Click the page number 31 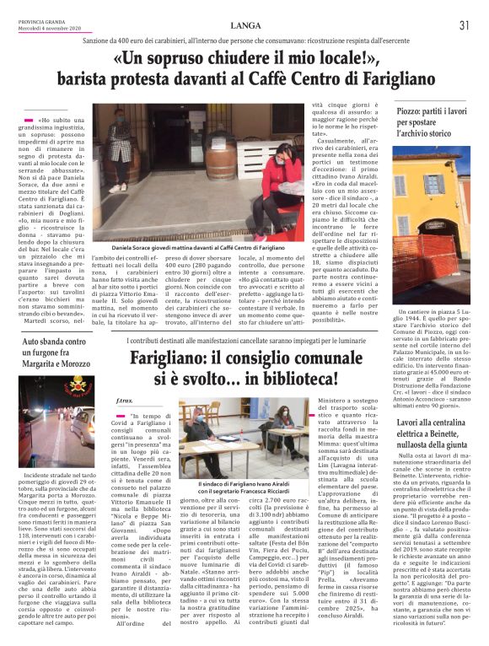click(x=464, y=25)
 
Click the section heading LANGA click(x=244, y=24)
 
